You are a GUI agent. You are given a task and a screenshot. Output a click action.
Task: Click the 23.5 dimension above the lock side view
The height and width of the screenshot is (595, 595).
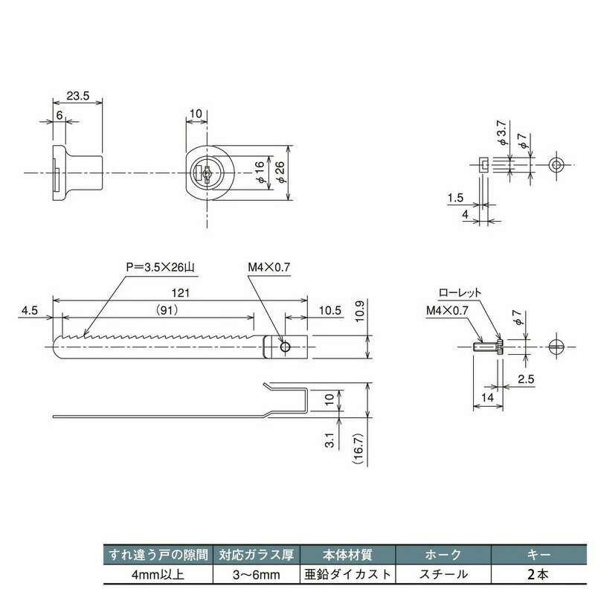click(x=77, y=96)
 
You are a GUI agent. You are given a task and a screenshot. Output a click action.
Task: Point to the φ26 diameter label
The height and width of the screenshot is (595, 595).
click(x=280, y=173)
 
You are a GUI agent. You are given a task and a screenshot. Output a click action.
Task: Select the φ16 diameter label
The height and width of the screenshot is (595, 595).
click(x=260, y=173)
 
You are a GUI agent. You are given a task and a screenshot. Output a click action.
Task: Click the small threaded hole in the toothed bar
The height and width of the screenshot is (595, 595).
click(x=285, y=347)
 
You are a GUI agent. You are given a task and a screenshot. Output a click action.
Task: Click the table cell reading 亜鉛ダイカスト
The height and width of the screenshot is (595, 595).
click(x=349, y=574)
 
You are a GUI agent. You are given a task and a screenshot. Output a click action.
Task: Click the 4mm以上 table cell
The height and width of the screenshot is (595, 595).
click(x=157, y=574)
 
